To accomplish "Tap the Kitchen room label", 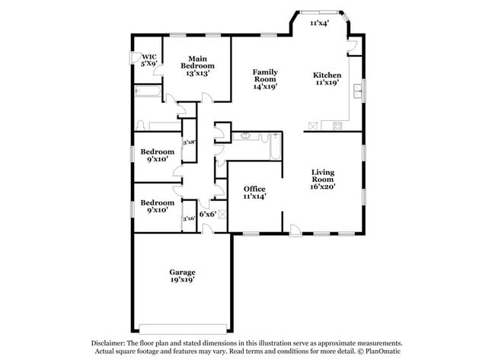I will pyautogui.click(x=327, y=75).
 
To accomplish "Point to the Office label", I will pyautogui.click(x=254, y=188).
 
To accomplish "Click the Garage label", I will pyautogui.click(x=182, y=272).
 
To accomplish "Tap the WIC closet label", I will pyautogui.click(x=148, y=56).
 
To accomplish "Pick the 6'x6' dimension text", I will pyautogui.click(x=208, y=214).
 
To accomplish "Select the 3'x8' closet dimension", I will pyautogui.click(x=189, y=142).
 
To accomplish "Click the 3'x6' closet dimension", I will pyautogui.click(x=189, y=218).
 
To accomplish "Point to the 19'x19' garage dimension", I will pyautogui.click(x=182, y=280).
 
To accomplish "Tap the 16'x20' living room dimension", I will pyautogui.click(x=323, y=186).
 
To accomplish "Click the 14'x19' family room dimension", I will pyautogui.click(x=265, y=86).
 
